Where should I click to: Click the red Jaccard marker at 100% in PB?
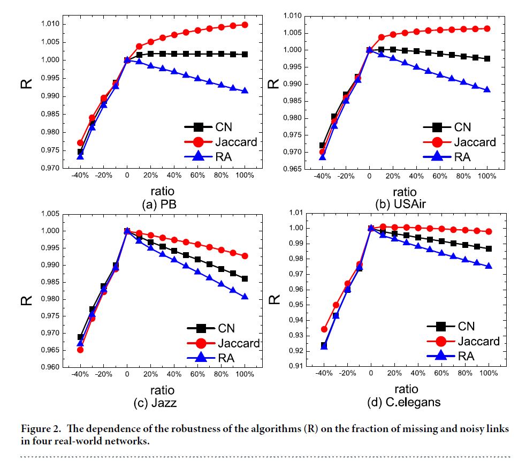point(245,25)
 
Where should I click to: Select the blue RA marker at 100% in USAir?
point(487,89)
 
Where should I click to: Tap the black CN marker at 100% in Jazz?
point(245,278)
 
